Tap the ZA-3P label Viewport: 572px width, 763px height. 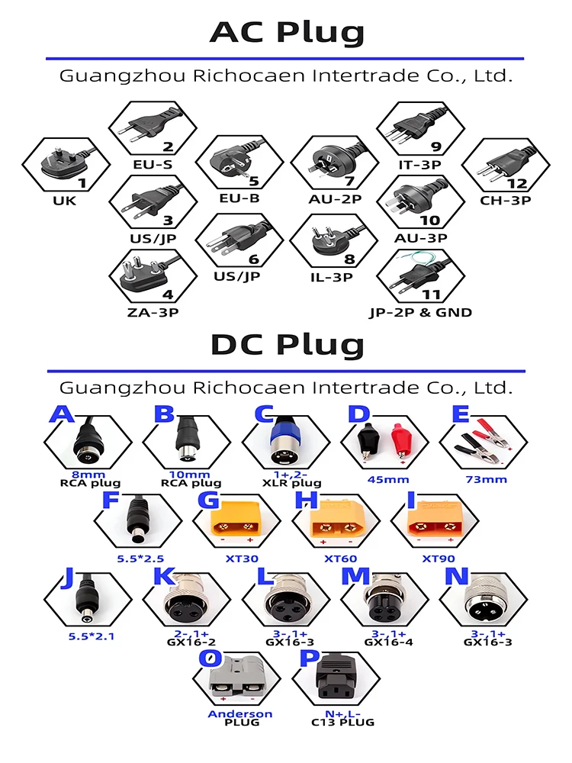point(151,311)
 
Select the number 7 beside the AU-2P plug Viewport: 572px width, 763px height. point(349,182)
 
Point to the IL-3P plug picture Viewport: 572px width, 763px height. point(328,240)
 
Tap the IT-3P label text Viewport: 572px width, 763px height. point(420,164)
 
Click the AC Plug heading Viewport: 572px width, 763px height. point(286,32)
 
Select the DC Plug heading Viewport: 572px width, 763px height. point(286,346)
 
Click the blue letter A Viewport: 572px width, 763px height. point(62,414)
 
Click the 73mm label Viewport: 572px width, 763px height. point(486,480)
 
